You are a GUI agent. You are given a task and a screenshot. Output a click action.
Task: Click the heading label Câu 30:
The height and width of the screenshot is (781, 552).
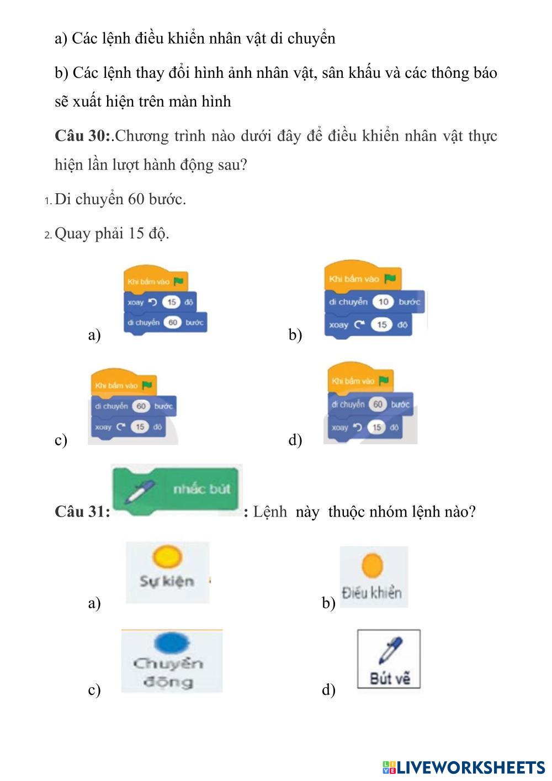pos(83,136)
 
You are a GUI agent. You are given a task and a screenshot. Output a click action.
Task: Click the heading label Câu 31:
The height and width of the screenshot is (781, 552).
pos(82,512)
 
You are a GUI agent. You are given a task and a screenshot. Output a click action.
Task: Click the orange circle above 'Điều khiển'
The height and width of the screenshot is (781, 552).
pos(373,566)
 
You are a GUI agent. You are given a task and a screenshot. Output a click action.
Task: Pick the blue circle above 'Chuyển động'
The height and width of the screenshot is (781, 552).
pos(171,643)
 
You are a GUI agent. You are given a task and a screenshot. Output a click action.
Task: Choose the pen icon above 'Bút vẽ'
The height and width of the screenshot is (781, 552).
pos(390,650)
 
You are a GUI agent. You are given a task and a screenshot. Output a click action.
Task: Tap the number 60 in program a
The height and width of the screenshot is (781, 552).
pos(173,322)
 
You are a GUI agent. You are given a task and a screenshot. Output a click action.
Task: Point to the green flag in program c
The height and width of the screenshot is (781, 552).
pos(147,385)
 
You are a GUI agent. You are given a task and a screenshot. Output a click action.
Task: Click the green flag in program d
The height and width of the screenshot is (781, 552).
pos(384,380)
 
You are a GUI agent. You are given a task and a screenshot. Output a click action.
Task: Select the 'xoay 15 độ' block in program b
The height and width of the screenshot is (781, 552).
pos(368,325)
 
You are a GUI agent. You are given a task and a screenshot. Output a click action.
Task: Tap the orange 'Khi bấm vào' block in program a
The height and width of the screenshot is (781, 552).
pos(155,281)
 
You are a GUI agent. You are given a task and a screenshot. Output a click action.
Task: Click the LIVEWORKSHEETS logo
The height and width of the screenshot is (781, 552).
pos(464,767)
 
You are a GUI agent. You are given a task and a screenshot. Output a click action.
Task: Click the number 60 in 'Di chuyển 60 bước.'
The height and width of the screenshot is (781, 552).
pos(136,199)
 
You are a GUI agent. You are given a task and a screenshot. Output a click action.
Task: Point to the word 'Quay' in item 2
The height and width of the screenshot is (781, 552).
pos(73,233)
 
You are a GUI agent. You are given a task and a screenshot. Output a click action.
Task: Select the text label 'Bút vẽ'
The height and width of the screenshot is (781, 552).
pos(390,678)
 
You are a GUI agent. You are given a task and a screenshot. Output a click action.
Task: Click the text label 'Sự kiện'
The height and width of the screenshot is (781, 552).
pos(167,581)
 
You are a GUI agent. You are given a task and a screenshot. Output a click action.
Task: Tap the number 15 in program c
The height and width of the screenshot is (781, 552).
pos(141,427)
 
